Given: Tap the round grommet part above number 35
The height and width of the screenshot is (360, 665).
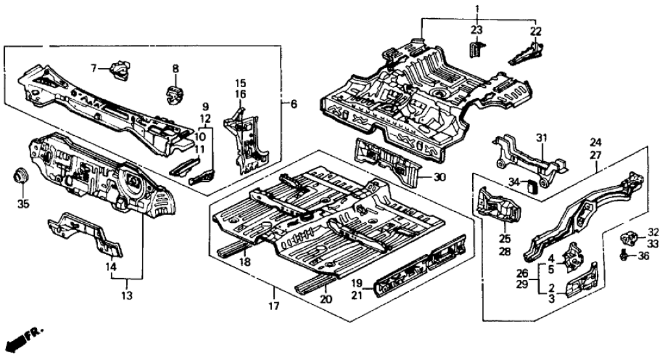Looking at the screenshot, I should pyautogui.click(x=21, y=175).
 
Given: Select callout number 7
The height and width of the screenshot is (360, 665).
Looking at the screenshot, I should pyautogui.click(x=93, y=68).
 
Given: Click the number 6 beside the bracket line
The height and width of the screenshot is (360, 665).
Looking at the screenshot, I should pyautogui.click(x=294, y=104).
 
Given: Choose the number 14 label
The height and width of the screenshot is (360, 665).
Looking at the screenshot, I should pyautogui.click(x=110, y=266).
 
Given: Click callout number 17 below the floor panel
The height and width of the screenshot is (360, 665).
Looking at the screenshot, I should pyautogui.click(x=273, y=305).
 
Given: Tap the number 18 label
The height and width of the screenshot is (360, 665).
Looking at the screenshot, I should pyautogui.click(x=245, y=261).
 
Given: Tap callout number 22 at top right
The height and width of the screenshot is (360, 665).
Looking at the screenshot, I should pyautogui.click(x=536, y=31).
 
